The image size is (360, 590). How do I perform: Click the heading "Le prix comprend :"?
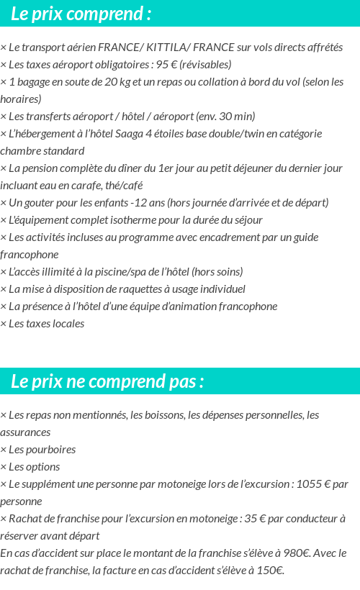pyautogui.click(x=81, y=14)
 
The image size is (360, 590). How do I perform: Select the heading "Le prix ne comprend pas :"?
pyautogui.click(x=107, y=381)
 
